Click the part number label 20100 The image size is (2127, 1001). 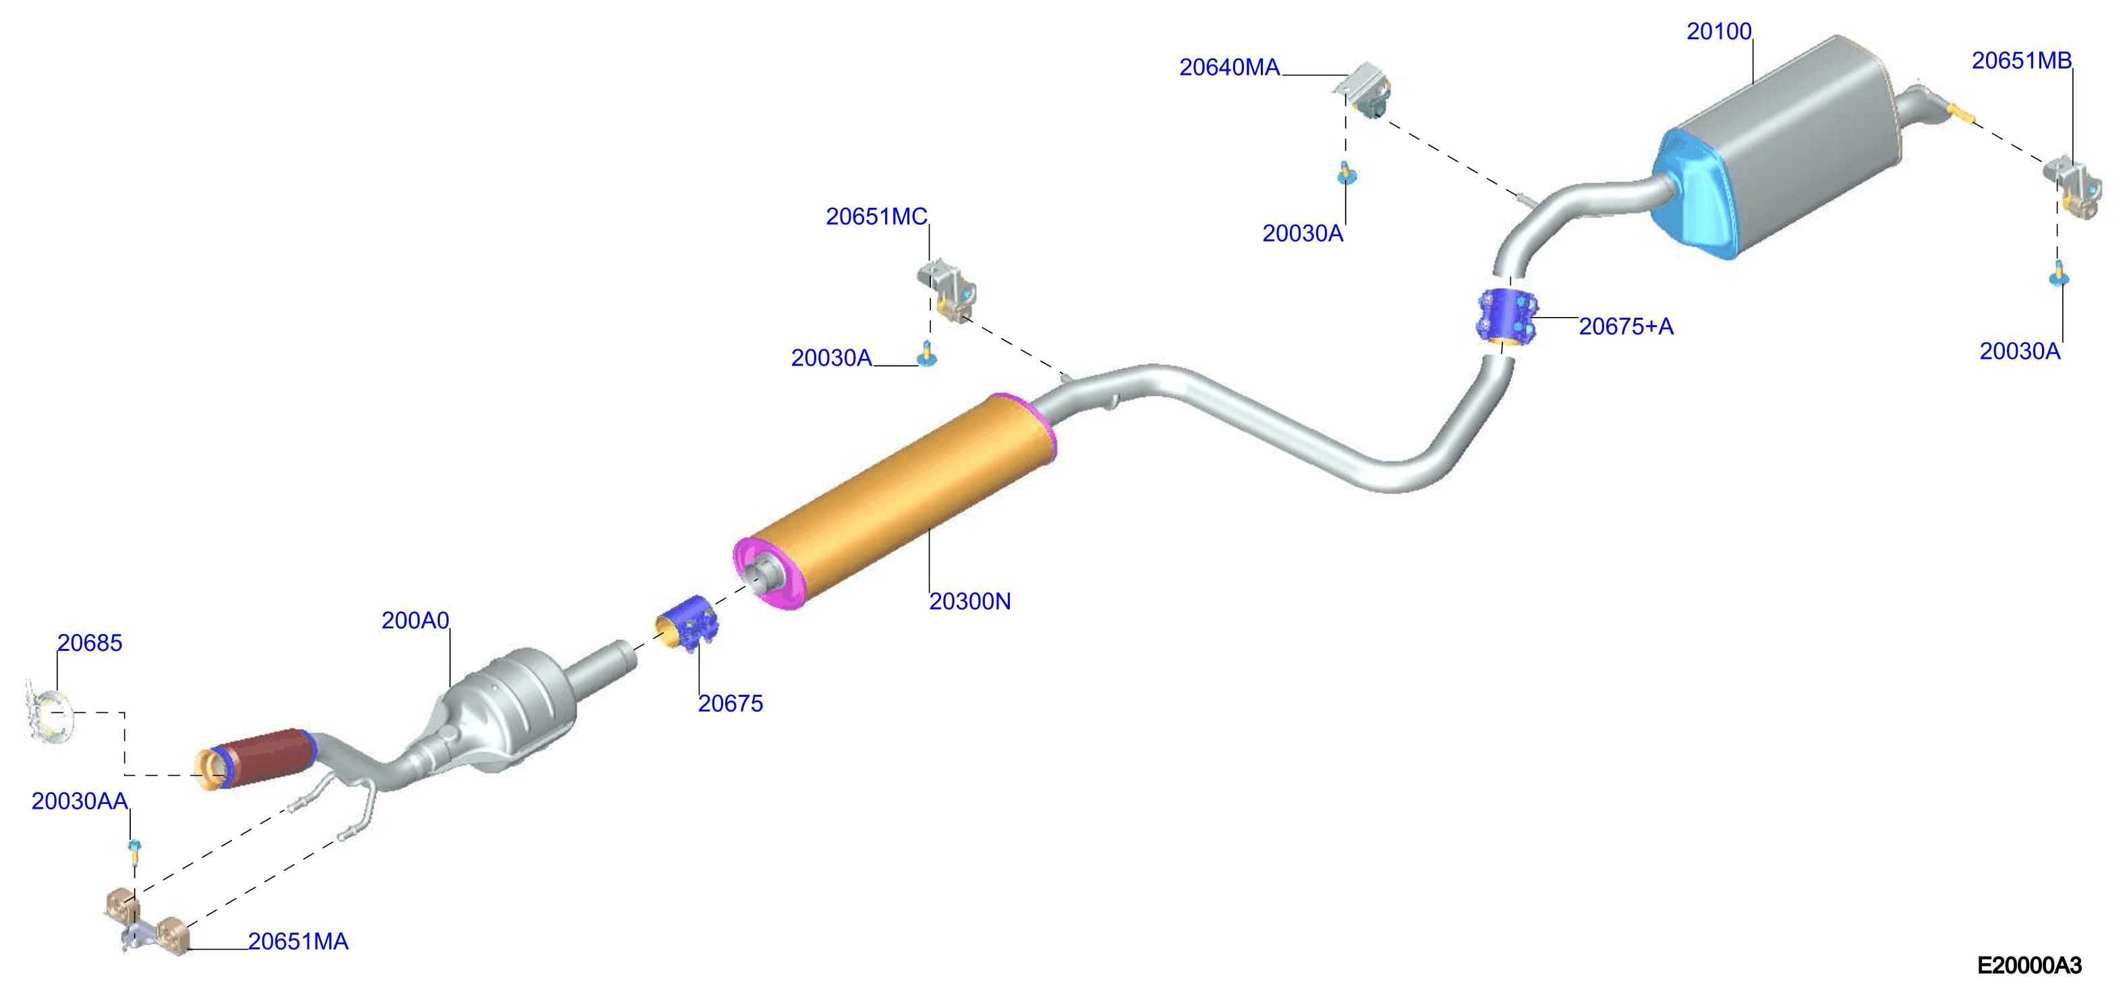click(x=1718, y=32)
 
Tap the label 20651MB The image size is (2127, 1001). click(x=2021, y=60)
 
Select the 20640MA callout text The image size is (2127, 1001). click(x=1230, y=67)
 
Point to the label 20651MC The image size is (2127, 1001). click(x=876, y=217)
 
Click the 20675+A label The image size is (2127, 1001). click(x=1626, y=326)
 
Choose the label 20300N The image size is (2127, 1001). click(x=969, y=601)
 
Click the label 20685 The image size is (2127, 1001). click(x=89, y=643)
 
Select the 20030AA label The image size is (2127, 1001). click(x=80, y=801)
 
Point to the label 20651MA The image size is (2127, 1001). click(x=298, y=942)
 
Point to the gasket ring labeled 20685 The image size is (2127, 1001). click(x=49, y=712)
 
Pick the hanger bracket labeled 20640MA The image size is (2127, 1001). click(x=1365, y=89)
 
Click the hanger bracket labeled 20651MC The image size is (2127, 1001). click(x=948, y=290)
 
